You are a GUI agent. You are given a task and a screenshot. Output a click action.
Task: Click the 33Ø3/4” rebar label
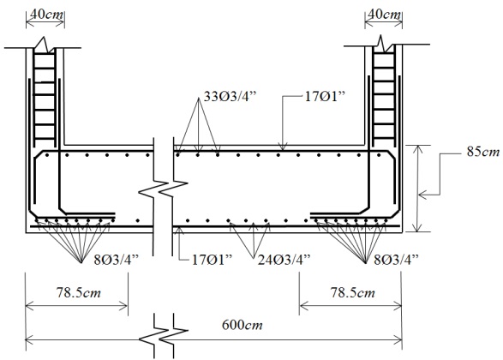231,96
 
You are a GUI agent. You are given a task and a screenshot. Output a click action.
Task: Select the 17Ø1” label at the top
325,96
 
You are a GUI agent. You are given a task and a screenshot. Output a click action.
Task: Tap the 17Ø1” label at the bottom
212,259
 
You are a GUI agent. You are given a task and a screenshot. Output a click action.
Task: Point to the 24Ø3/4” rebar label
284,259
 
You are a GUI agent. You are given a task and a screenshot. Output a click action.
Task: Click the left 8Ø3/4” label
117,259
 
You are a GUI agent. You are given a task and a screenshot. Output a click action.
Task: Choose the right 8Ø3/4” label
397,259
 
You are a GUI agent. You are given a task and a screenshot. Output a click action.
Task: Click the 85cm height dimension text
483,152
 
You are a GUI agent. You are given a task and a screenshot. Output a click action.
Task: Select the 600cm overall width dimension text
243,325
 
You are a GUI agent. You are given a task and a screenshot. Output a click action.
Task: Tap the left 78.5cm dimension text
79,292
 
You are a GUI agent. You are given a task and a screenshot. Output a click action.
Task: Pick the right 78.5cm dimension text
352,292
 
